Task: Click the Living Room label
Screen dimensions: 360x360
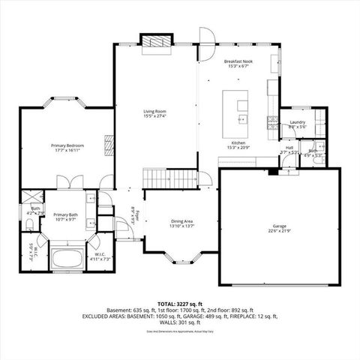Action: point(155,115)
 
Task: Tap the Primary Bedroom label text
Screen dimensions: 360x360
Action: point(67,147)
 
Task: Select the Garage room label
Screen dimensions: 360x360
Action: point(280,228)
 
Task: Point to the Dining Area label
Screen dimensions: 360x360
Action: point(182,223)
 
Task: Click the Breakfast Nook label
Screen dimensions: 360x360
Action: point(238,63)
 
